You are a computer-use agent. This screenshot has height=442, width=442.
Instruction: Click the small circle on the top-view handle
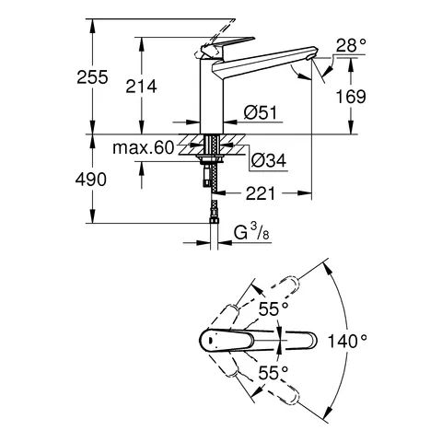pos(214,340)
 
